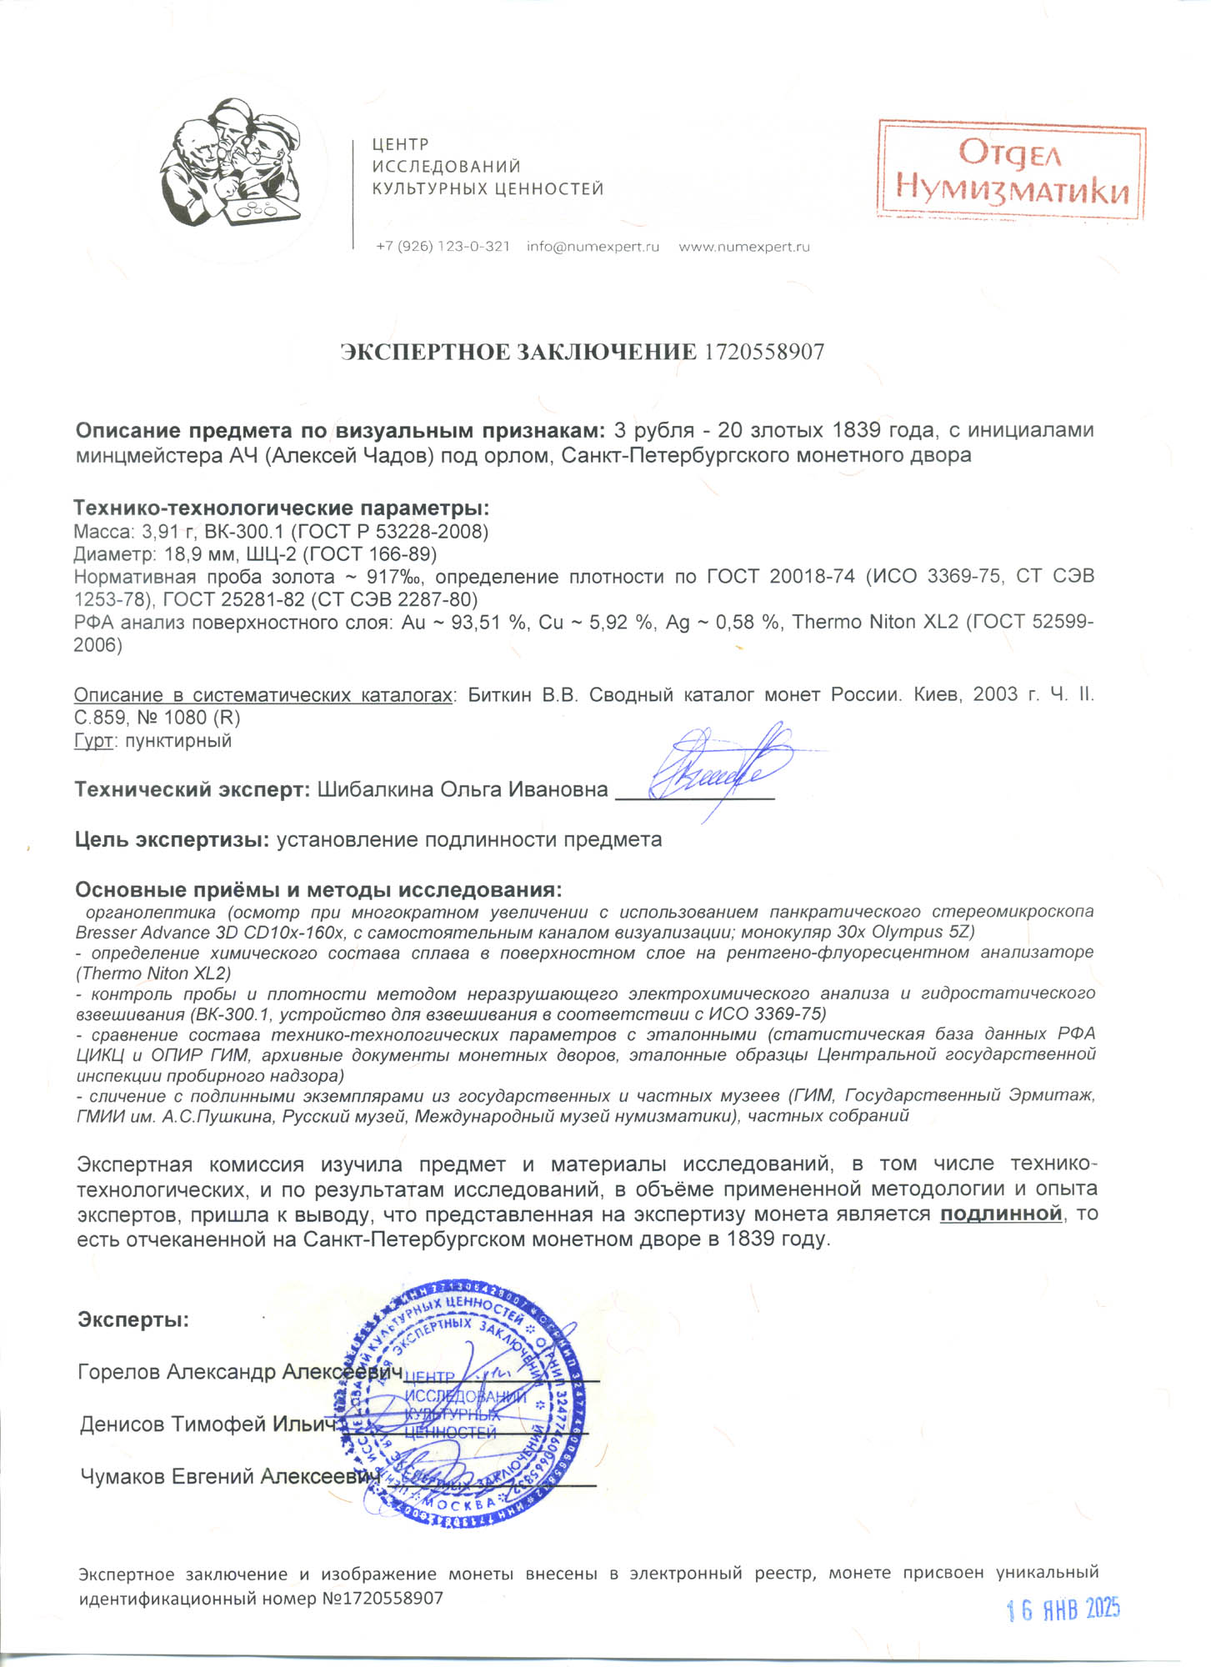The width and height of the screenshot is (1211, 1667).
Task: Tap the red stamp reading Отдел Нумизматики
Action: (1011, 170)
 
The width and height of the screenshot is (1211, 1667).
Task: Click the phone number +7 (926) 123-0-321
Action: (443, 247)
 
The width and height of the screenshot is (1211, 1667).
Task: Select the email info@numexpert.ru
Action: (593, 247)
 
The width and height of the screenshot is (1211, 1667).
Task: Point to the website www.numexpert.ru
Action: (744, 247)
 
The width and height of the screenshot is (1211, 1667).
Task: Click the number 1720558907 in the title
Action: (764, 353)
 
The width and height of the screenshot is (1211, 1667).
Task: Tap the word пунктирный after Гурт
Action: (178, 741)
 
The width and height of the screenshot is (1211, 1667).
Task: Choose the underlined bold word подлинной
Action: (1001, 1214)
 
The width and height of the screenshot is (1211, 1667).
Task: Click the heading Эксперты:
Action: (133, 1319)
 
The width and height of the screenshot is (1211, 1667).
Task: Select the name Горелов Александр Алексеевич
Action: (239, 1372)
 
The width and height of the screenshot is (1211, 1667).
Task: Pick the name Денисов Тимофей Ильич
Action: (208, 1424)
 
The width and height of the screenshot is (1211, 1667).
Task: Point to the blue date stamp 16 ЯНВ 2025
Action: (1063, 1609)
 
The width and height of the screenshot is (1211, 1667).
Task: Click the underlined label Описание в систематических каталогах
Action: (263, 695)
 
